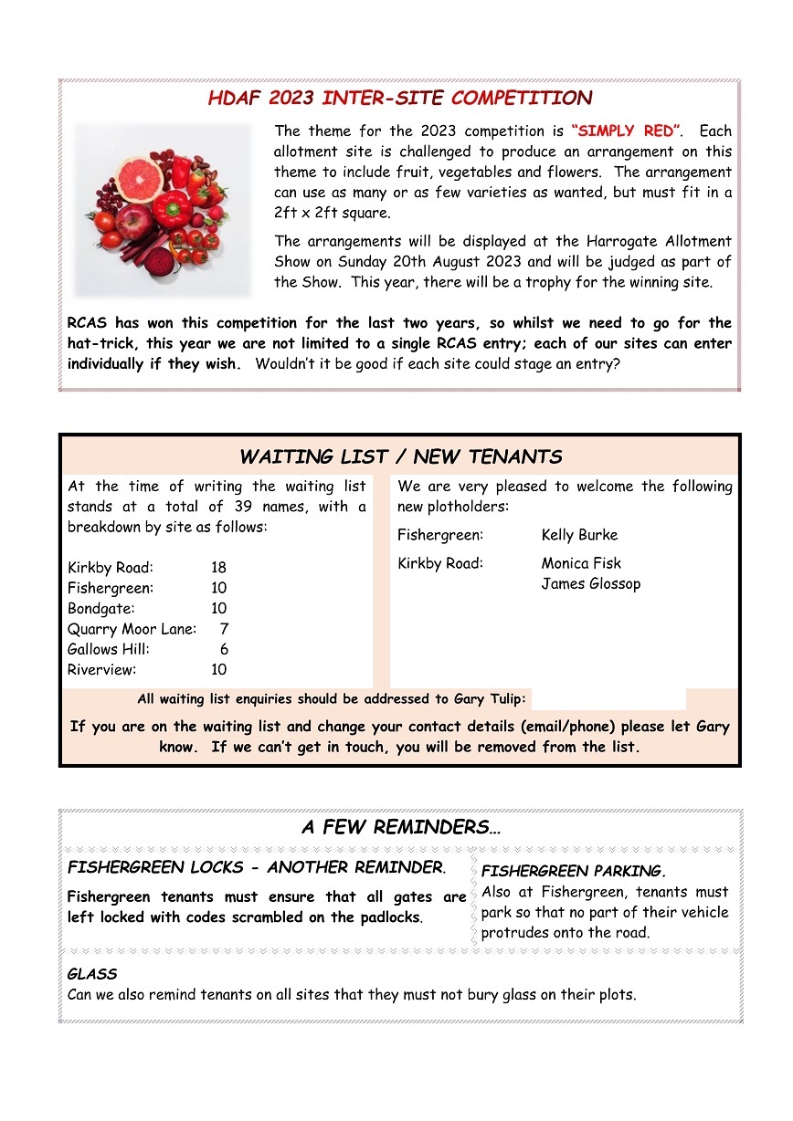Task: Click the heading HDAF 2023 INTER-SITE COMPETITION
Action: click(399, 99)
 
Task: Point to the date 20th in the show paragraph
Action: click(433, 262)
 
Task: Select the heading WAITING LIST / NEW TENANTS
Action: click(400, 456)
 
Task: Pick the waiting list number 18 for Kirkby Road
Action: click(218, 568)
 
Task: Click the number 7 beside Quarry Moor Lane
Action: click(224, 629)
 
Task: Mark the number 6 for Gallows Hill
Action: click(224, 649)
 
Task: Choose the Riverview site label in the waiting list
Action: click(101, 670)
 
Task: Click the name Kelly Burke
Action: click(579, 535)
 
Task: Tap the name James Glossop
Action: click(590, 584)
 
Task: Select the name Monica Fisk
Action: click(581, 563)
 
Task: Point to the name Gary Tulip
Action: click(489, 700)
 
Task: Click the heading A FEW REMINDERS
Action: click(400, 828)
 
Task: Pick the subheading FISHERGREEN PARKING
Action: click(573, 872)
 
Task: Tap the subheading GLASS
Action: click(92, 975)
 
